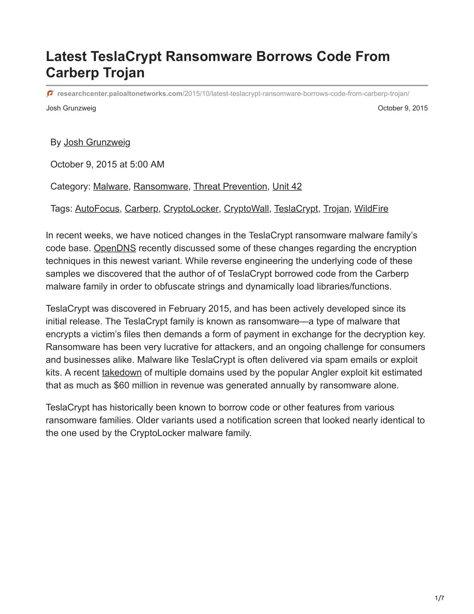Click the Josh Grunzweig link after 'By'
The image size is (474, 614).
tap(97, 143)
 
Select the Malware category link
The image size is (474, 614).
tap(110, 186)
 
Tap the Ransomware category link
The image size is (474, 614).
tap(161, 186)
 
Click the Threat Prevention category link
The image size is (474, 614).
tap(230, 186)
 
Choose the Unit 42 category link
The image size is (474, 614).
tap(287, 186)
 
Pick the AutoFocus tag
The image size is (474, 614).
tap(97, 209)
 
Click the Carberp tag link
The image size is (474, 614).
tap(141, 209)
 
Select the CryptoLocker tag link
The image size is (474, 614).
tap(191, 209)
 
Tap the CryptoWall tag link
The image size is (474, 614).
tap(246, 209)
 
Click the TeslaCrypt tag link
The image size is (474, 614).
tap(296, 209)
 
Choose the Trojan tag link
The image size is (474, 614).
tap(336, 209)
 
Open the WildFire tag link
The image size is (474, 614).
tap(371, 209)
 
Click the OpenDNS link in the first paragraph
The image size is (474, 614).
tap(115, 248)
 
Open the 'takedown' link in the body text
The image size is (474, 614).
tap(122, 372)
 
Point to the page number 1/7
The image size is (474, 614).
tap(439, 598)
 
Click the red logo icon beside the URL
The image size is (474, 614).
tap(50, 93)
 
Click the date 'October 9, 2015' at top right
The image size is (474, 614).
tap(403, 108)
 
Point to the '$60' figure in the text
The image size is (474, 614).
tap(122, 385)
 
